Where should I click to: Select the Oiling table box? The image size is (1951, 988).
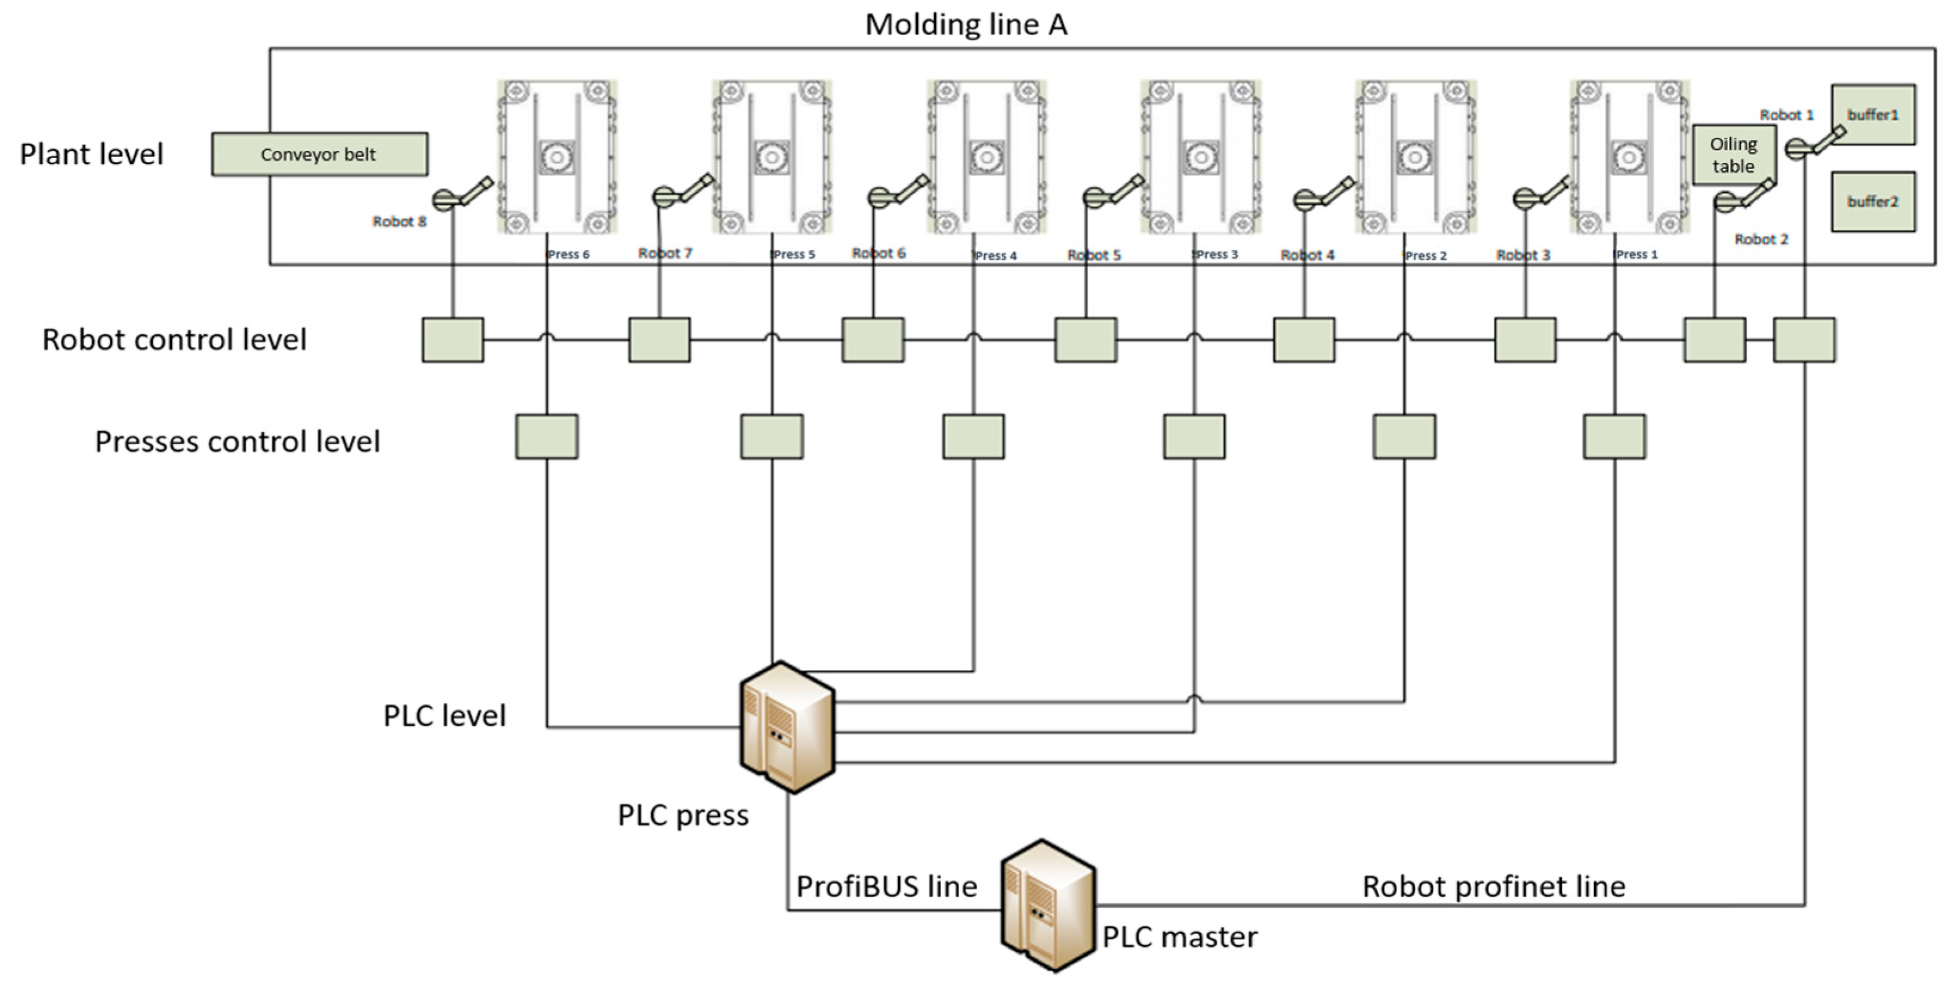[x=1734, y=155]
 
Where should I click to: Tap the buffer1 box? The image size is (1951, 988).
[x=1873, y=115]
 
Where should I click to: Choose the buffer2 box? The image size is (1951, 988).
[x=1873, y=202]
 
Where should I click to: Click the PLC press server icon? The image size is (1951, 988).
[x=788, y=727]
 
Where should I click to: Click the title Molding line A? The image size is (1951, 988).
[x=966, y=24]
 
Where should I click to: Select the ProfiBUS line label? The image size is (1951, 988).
[x=887, y=887]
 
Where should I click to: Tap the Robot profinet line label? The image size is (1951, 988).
[x=1494, y=887]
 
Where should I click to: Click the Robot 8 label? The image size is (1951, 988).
[x=399, y=221]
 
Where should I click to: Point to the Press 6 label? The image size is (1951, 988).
[x=568, y=254]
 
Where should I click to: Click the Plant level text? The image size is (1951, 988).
[x=92, y=155]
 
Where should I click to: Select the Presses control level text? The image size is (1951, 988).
[x=237, y=442]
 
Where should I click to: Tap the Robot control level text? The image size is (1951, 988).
[x=174, y=340]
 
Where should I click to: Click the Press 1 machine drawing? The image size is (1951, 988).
[x=1629, y=157]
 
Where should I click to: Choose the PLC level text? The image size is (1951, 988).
[x=445, y=716]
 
